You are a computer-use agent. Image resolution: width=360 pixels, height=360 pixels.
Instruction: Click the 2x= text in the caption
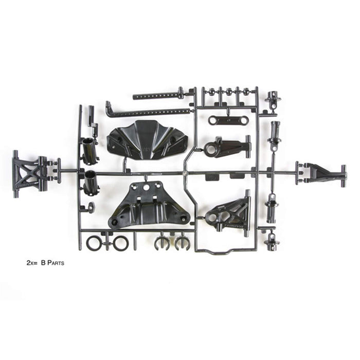(x=32, y=262)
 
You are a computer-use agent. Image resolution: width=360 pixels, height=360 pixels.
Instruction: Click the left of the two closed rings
(x=94, y=243)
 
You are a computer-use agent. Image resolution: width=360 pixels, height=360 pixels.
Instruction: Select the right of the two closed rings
(x=120, y=243)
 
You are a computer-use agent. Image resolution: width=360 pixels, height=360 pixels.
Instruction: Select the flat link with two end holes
(x=228, y=120)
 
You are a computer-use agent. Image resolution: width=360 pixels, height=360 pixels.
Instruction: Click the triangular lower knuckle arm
(x=228, y=212)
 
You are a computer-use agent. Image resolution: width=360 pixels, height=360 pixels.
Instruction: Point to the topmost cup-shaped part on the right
(x=272, y=101)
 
